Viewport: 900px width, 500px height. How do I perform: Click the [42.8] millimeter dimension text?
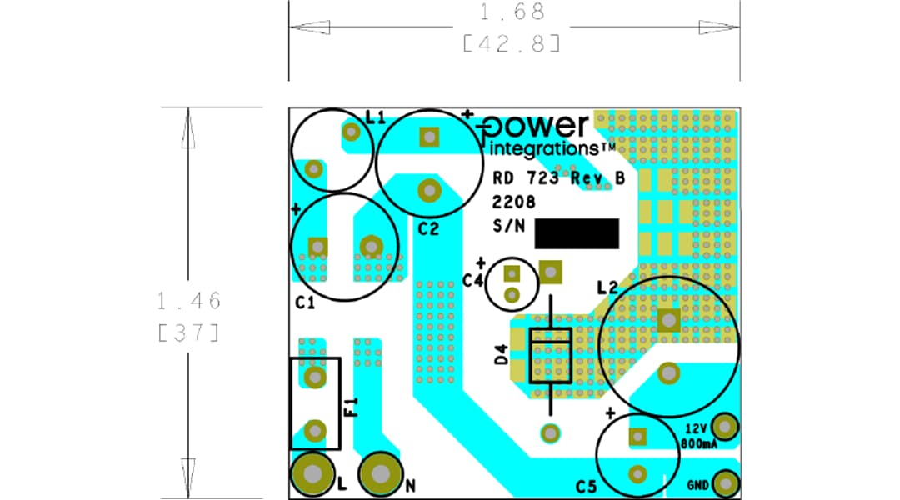[x=512, y=43]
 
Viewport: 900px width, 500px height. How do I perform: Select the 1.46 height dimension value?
[x=188, y=300]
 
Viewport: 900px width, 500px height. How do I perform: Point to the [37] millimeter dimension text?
[x=188, y=332]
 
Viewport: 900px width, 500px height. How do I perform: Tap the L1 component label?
[x=376, y=118]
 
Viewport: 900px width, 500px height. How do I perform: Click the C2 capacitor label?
[x=428, y=229]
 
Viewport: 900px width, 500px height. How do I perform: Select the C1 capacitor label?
[x=305, y=303]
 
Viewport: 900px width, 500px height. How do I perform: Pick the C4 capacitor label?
[x=472, y=281]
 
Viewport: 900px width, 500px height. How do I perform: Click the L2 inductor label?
[x=607, y=287]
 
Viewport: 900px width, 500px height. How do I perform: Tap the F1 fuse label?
[x=351, y=407]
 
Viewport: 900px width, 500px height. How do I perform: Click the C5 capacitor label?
[x=587, y=486]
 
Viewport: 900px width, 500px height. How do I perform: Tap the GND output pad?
[x=727, y=483]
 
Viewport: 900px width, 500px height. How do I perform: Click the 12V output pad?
[x=726, y=427]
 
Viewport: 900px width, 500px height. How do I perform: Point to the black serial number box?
[x=577, y=234]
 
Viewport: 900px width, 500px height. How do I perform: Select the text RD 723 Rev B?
[x=558, y=178]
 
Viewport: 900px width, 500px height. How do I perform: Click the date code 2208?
[x=513, y=202]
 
